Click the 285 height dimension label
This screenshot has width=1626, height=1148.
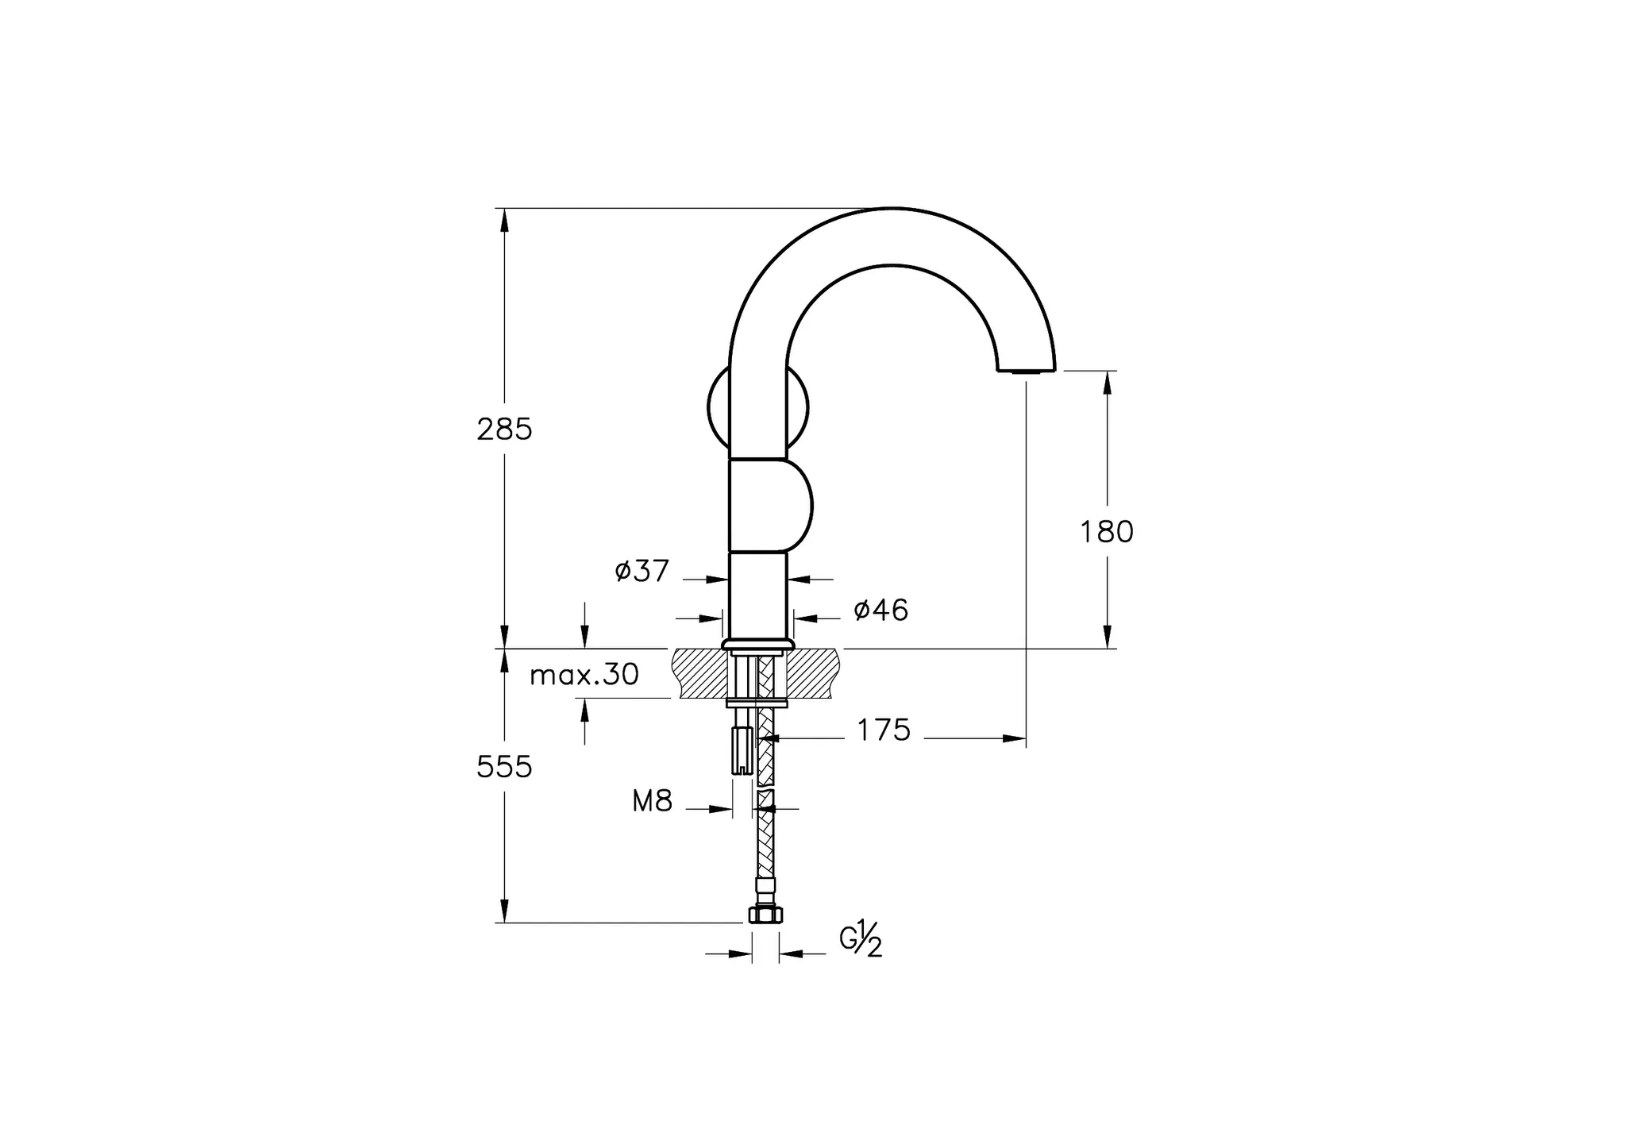504,430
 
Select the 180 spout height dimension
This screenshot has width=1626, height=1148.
1106,531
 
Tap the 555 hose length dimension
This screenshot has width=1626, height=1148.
504,767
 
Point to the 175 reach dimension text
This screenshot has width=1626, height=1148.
884,730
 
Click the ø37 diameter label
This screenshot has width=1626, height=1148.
642,570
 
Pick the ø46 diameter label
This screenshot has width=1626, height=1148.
880,610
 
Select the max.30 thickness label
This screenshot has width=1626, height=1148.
584,675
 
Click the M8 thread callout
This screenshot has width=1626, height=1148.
652,802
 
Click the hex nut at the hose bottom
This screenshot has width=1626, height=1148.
765,915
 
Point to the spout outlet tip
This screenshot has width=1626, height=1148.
1026,370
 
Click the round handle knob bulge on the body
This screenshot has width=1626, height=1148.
798,505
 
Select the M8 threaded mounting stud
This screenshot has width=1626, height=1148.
742,751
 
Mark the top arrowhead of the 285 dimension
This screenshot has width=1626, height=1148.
504,219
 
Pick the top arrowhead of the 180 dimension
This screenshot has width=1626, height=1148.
1108,382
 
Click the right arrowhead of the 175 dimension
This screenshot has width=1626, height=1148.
1015,738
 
